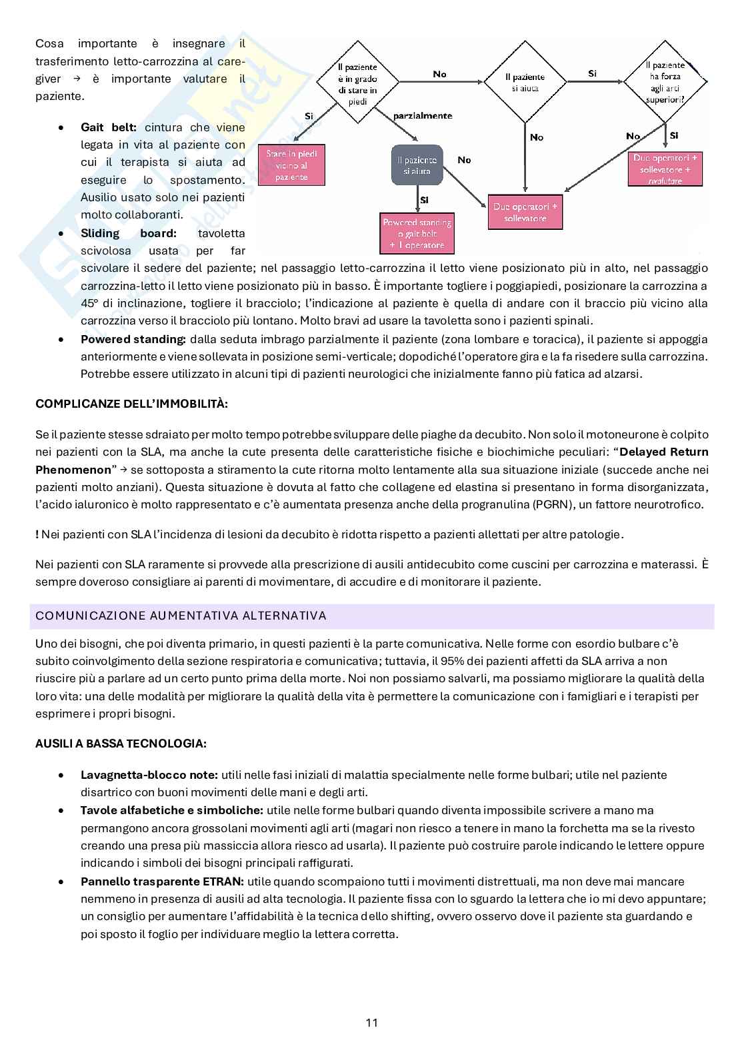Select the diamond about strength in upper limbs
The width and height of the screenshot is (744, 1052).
pos(665,82)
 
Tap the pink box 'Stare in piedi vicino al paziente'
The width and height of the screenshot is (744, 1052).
pos(291,165)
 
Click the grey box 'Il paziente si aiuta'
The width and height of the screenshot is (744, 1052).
pos(417,165)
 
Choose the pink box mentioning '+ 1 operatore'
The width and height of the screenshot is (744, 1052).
pos(417,234)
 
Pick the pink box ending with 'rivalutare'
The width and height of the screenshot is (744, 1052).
pos(665,169)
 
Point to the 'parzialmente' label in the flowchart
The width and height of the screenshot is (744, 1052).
pos(423,116)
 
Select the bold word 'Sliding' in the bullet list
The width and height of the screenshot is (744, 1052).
pos(100,233)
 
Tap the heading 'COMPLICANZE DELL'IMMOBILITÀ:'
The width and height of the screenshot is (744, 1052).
pos(131,404)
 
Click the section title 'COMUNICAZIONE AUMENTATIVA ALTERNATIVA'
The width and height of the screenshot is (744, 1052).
pos(181,616)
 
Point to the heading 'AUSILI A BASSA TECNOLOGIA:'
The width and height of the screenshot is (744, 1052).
pos(121,744)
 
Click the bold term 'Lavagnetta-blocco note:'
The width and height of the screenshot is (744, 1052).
pos(149,775)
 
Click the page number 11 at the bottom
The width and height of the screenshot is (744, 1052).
pos(372,1023)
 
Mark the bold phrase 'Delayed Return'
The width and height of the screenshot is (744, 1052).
pos(664,452)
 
